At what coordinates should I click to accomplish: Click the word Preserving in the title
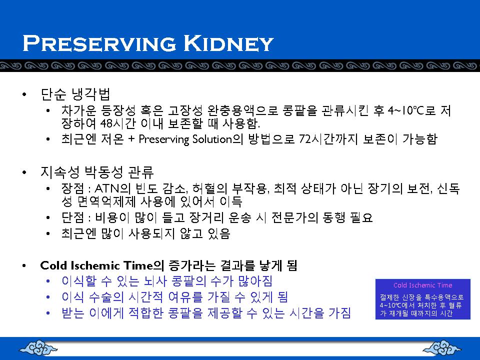click(x=99, y=43)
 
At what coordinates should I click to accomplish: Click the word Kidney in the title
click(x=228, y=43)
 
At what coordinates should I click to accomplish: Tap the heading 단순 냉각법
click(x=75, y=94)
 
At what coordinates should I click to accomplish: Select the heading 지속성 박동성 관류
click(x=97, y=172)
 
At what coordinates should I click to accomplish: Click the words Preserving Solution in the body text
click(x=185, y=139)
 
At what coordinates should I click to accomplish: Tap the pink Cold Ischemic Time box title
click(x=423, y=285)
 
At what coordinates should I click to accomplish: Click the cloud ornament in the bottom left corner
click(x=38, y=348)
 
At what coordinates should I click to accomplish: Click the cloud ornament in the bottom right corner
click(x=441, y=348)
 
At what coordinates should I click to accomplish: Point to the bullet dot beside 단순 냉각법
click(x=24, y=94)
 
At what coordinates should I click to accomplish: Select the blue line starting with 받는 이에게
click(x=206, y=313)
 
